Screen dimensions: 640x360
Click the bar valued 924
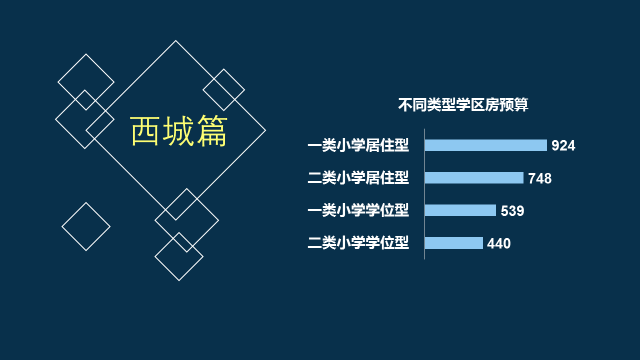486,145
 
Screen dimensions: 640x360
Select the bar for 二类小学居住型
474,178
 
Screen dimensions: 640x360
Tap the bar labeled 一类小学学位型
460,210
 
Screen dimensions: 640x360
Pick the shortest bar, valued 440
454,243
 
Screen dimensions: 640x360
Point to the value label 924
563,146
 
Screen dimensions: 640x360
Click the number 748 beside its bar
540,178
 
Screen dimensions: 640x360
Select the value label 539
512,211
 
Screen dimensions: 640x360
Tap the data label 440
499,244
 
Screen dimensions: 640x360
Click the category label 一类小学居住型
358,145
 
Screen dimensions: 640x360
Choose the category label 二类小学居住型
358,178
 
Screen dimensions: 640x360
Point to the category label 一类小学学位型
358,210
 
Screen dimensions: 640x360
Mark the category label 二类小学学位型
358,243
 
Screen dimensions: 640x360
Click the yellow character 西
145,131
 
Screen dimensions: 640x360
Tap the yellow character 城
178,131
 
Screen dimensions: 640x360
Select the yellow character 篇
212,131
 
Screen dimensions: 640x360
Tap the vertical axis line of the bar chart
424,194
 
